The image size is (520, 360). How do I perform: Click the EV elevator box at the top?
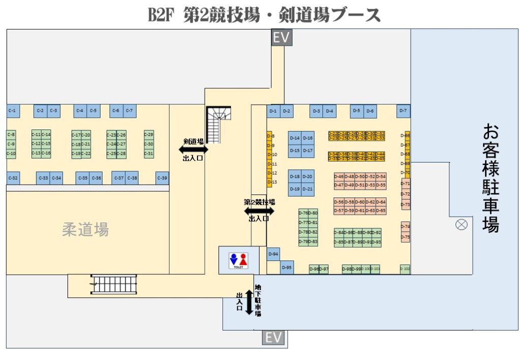point(282,38)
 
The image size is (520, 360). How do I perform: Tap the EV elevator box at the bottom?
point(273,337)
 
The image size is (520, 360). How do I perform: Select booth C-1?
point(13,111)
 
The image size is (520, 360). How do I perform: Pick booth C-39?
point(162,178)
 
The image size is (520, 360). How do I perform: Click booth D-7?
point(403,110)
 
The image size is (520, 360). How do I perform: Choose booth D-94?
point(273,254)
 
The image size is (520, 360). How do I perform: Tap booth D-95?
point(287,268)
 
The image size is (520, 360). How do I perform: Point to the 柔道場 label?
point(85,230)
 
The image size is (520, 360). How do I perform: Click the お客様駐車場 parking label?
point(491,178)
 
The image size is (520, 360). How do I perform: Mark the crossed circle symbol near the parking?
point(462,224)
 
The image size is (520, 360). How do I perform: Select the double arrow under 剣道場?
point(193,150)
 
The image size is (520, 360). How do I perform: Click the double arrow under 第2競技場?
point(259,210)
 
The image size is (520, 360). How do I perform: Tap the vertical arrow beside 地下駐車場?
point(249,303)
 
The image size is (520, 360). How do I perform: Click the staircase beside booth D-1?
point(218,124)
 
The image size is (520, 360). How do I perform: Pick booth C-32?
point(13,178)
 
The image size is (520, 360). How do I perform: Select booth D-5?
point(356,111)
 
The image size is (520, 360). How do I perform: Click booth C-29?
point(149,135)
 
